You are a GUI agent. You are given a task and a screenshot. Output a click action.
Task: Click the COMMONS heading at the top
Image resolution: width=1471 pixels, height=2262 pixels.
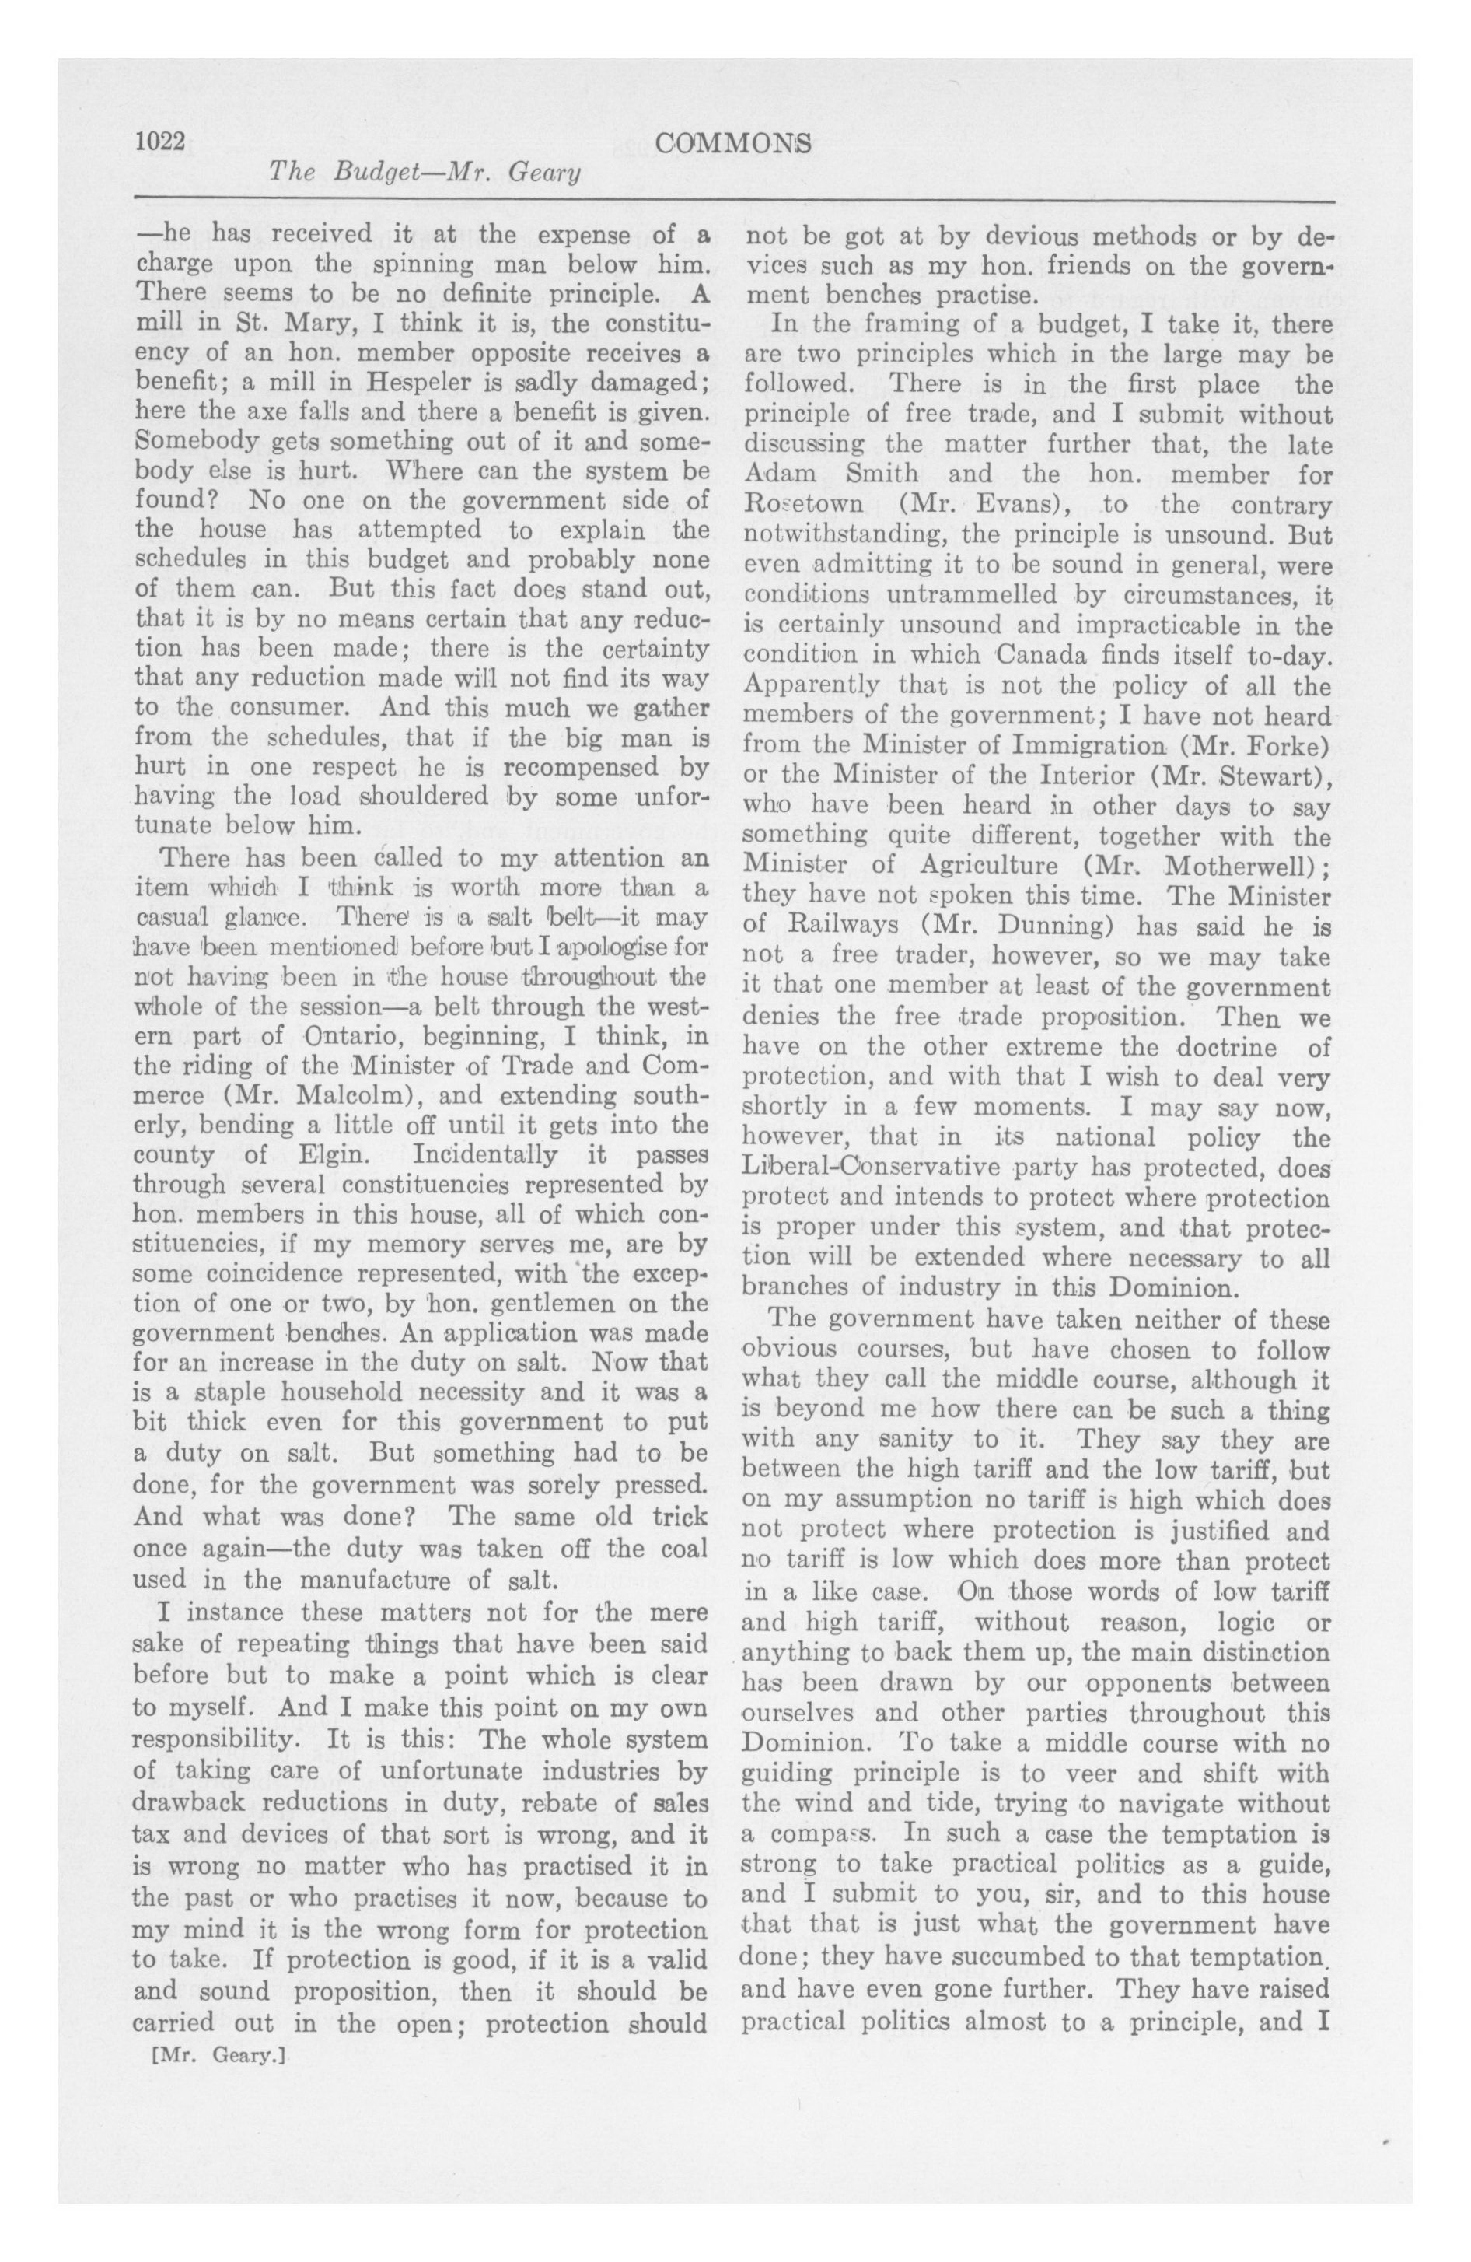pyautogui.click(x=735, y=142)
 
